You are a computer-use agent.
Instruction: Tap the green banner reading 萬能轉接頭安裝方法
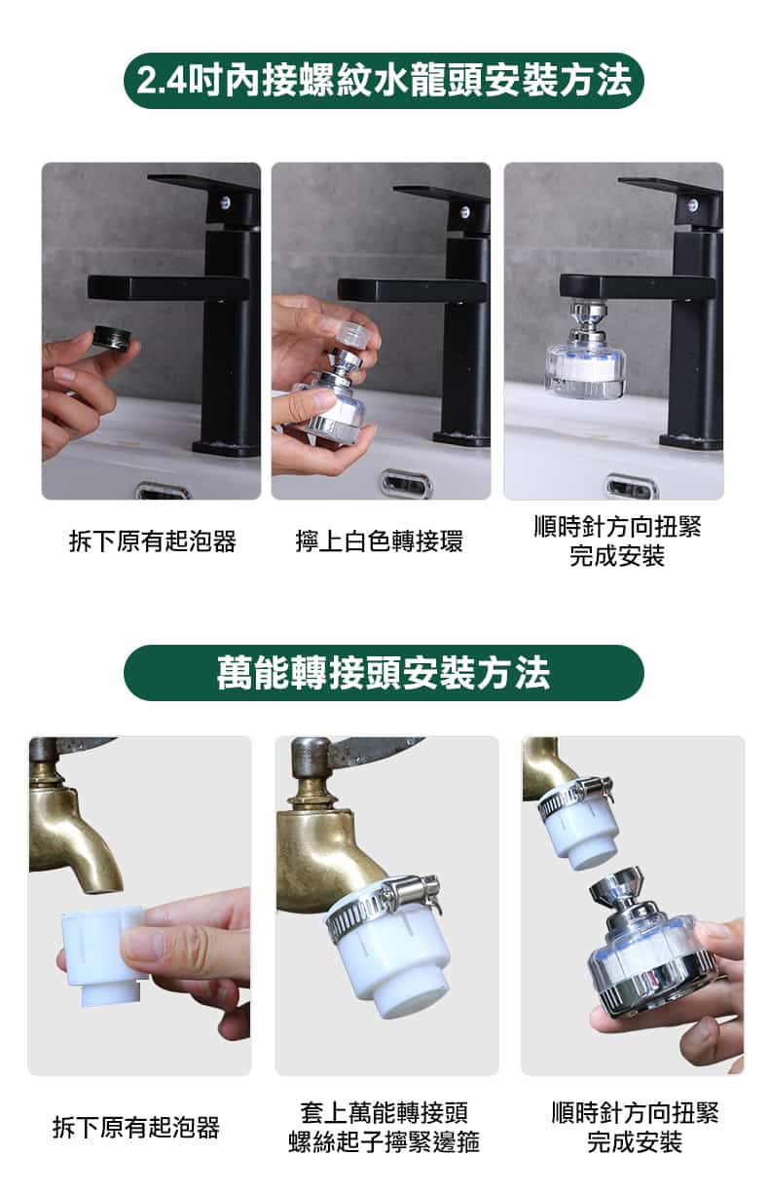click(x=384, y=673)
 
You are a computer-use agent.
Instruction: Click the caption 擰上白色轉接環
click(x=380, y=541)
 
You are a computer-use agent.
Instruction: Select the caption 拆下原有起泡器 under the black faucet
click(x=153, y=541)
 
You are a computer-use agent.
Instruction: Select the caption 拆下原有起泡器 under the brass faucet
click(x=136, y=1128)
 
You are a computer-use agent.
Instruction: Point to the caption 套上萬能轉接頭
click(x=384, y=1112)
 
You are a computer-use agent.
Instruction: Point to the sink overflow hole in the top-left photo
click(x=163, y=491)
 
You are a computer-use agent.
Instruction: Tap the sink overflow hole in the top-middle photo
click(x=405, y=483)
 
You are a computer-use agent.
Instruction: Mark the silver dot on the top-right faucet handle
click(x=692, y=205)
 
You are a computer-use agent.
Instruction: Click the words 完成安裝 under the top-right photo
click(x=617, y=557)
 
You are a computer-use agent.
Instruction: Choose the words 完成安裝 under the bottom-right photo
click(x=635, y=1142)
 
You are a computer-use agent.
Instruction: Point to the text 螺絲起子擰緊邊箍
click(x=384, y=1142)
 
